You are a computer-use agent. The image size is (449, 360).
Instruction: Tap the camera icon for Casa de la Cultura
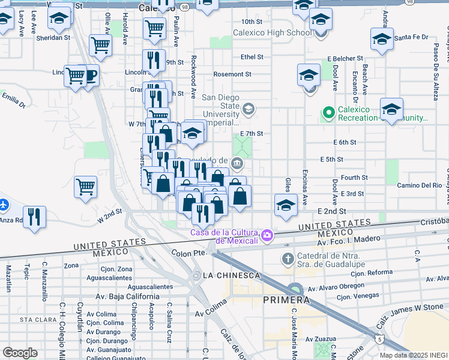(x=267, y=235)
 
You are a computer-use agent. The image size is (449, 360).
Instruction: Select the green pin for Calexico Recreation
(x=328, y=112)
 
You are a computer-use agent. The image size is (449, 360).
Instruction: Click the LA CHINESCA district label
(x=232, y=275)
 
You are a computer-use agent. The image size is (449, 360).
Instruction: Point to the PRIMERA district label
(x=286, y=299)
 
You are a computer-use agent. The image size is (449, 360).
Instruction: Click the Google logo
(x=20, y=352)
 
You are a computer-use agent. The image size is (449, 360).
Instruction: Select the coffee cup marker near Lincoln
(x=89, y=76)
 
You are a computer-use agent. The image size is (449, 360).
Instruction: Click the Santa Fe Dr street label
(x=411, y=37)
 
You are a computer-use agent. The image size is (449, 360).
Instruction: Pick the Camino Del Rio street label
(x=419, y=185)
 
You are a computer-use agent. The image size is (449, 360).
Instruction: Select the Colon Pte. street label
(x=189, y=253)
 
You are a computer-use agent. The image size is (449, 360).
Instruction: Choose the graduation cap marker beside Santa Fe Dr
(x=381, y=40)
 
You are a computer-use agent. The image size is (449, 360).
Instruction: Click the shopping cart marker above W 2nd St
(x=86, y=186)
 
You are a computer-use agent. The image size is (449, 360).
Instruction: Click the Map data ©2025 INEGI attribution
(x=414, y=355)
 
